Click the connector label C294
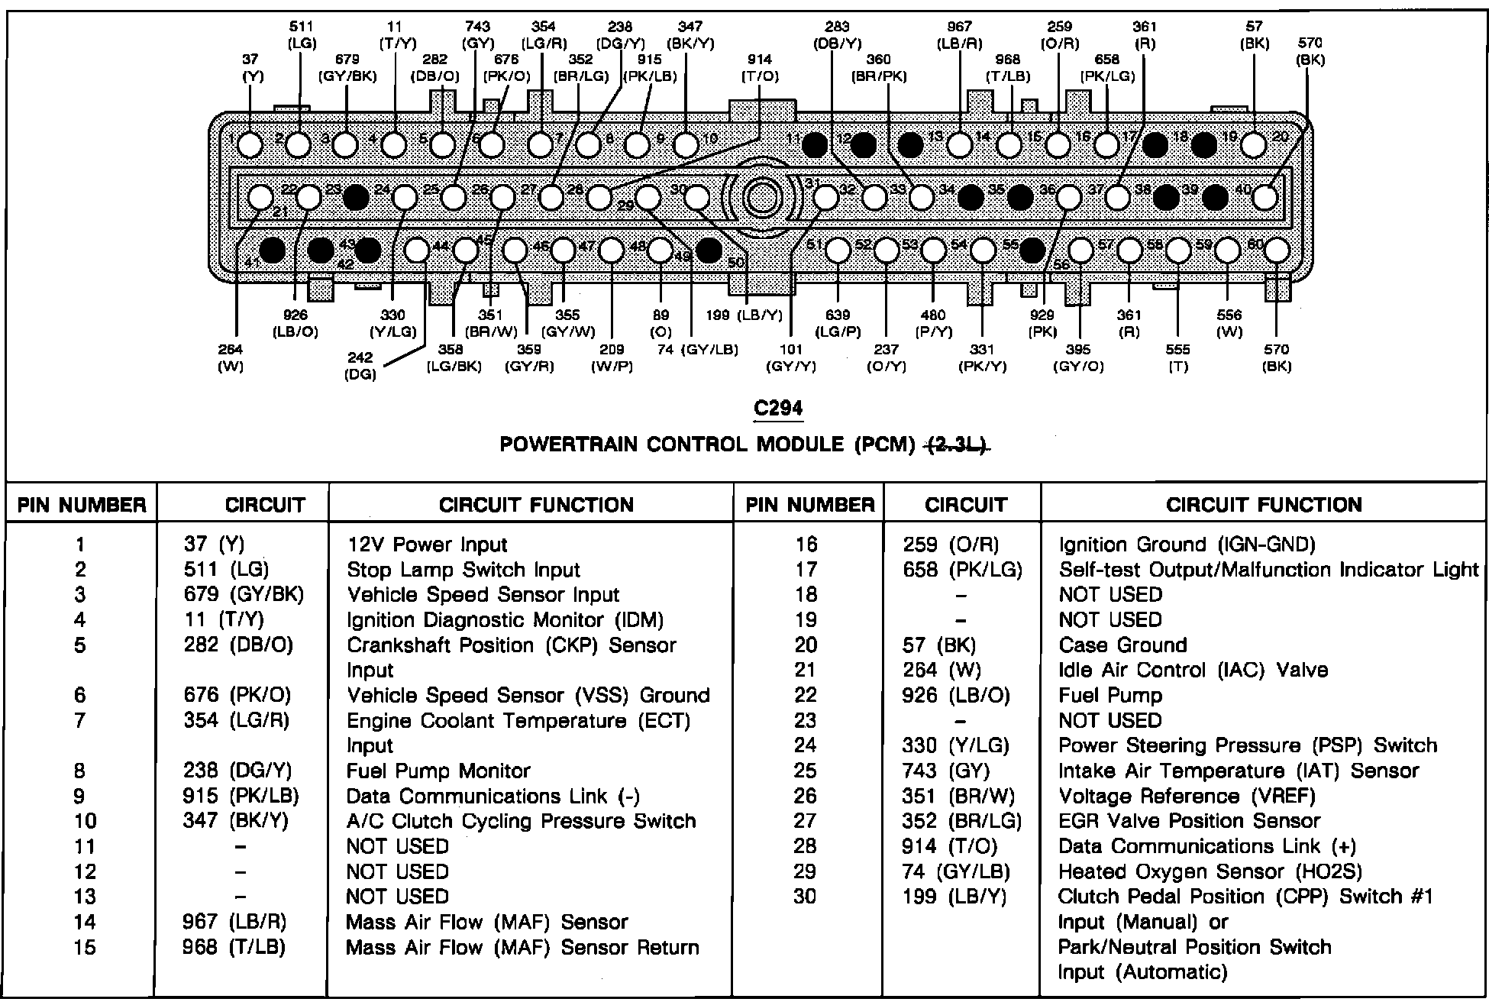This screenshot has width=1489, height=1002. click(x=778, y=409)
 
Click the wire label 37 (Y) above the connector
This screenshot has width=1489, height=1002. click(x=252, y=68)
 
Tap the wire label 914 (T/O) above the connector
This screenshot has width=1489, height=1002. click(x=760, y=68)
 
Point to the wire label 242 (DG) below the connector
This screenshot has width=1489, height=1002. click(x=360, y=366)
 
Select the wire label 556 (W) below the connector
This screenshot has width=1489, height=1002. click(x=1229, y=323)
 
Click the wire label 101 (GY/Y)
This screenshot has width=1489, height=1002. click(x=791, y=357)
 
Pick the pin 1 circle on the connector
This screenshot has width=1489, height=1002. click(x=250, y=144)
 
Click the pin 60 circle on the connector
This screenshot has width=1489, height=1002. click(x=1277, y=250)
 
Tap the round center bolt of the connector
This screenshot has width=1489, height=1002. click(x=761, y=198)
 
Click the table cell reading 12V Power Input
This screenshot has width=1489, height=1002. click(x=427, y=545)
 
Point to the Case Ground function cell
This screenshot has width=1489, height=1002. click(x=1122, y=645)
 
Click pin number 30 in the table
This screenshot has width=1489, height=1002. click(x=805, y=896)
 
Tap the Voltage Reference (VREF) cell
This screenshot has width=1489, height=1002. click(x=1187, y=796)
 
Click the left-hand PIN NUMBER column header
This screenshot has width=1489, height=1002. click(x=82, y=505)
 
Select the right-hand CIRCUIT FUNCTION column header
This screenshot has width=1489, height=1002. click(x=1264, y=505)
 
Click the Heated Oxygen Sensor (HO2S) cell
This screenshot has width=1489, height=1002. click(x=1210, y=871)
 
